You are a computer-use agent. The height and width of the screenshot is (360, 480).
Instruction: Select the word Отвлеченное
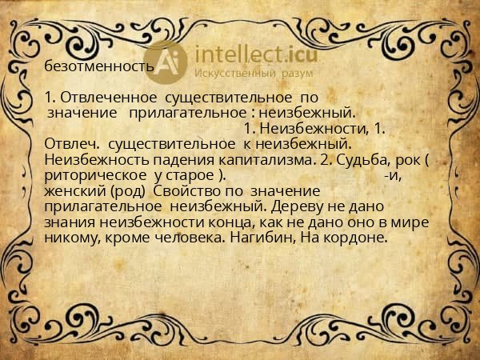[x=100, y=98]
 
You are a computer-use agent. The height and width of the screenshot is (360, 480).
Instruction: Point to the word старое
[x=191, y=175]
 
